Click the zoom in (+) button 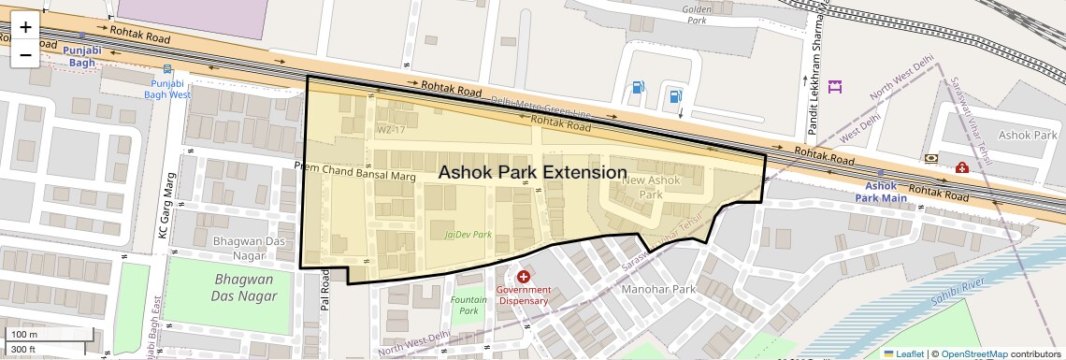point(25,27)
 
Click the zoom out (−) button point(25,54)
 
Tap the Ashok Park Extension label point(532,173)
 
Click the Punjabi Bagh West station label point(167,89)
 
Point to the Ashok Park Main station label point(881,192)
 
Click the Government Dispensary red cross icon point(523,277)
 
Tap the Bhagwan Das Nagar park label point(245,288)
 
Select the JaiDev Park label point(468,235)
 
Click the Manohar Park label point(659,290)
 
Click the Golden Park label point(698,14)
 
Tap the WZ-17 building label point(390,129)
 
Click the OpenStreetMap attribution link point(973,353)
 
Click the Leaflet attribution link point(904,353)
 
